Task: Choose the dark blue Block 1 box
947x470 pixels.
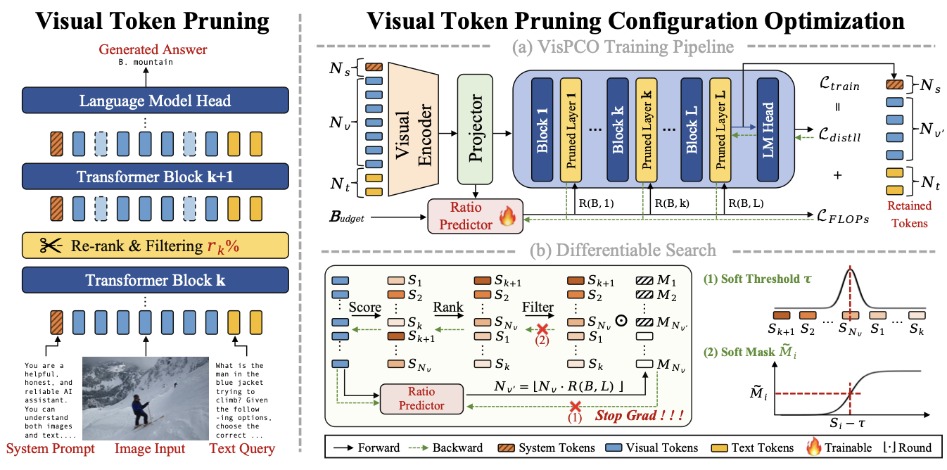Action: coord(542,129)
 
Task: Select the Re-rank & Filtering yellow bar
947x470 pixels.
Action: coord(146,246)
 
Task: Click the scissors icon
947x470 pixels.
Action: coord(50,246)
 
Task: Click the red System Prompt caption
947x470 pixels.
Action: coord(50,449)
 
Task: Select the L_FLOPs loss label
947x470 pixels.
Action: coord(837,219)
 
